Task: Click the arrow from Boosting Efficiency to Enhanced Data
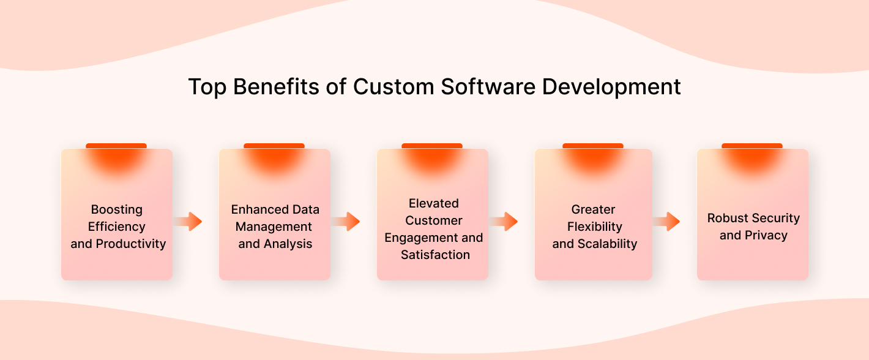[x=188, y=222]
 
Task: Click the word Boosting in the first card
[x=117, y=210]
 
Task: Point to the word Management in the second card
[x=274, y=227]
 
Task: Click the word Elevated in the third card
[x=434, y=203]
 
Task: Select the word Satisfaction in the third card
[x=435, y=255]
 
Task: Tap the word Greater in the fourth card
[x=594, y=210]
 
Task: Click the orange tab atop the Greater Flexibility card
[x=593, y=146]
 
